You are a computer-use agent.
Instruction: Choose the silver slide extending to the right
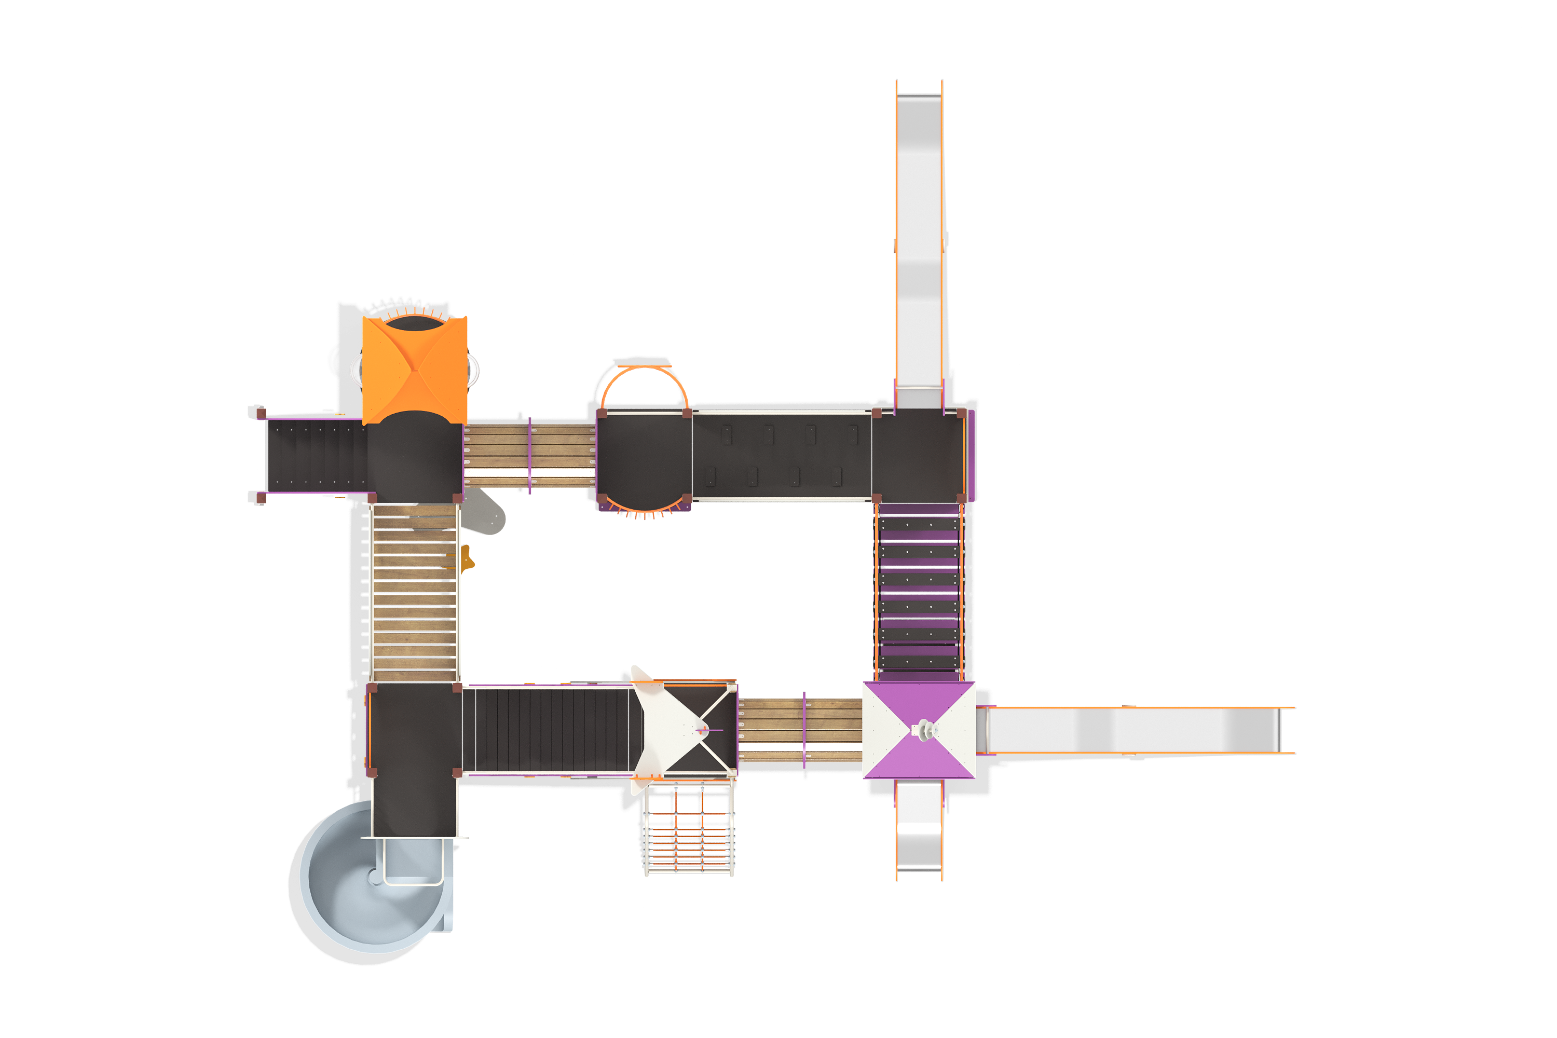click(1136, 730)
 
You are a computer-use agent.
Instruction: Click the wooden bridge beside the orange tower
click(529, 456)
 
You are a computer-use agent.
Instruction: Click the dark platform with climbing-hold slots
click(781, 456)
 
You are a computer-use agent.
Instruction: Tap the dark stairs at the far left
click(315, 456)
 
